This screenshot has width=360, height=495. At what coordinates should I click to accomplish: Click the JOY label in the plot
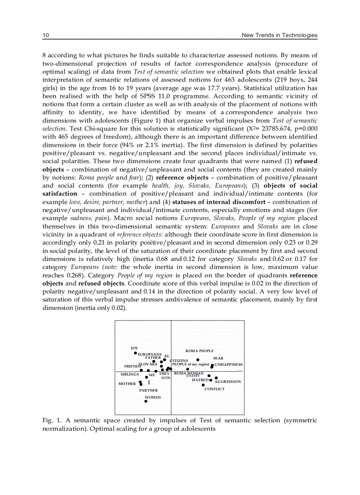pos(134,348)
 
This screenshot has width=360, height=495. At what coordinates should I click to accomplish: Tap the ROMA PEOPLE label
pos(199,351)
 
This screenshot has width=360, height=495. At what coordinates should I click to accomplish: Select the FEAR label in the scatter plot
pos(218,358)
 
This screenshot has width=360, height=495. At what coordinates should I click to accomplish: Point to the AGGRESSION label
pos(228,381)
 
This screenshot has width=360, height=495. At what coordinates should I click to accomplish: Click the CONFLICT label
pos(214,389)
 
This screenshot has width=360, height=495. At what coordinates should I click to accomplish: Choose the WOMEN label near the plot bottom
pos(153,397)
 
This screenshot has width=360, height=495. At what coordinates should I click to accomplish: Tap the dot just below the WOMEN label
pos(146,402)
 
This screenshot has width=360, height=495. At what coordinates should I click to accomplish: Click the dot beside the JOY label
pos(136,353)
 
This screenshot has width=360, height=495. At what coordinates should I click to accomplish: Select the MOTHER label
pos(127,383)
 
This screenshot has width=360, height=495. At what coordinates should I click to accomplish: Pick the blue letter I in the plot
pos(149,383)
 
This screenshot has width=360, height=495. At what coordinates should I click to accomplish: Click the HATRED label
pos(200,380)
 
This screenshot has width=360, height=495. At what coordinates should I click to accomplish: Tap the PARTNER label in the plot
pos(148,390)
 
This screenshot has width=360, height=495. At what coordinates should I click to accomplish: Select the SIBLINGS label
pos(130,374)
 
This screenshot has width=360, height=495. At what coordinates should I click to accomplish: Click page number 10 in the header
pos(45,35)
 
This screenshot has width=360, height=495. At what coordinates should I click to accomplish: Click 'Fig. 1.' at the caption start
pos(50,421)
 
